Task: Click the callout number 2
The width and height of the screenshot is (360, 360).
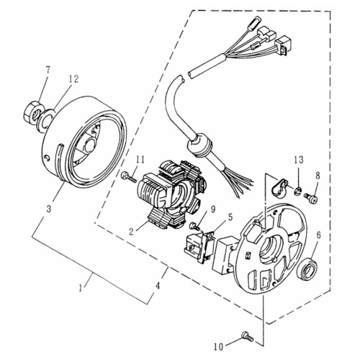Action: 131,231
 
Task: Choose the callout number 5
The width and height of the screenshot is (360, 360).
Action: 230,215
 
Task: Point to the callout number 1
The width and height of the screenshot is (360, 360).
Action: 81,287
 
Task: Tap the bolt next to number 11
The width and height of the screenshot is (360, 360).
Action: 128,175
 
